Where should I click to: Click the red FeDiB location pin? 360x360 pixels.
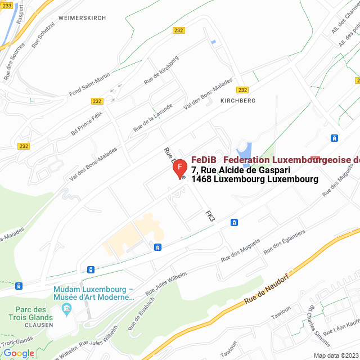click(179, 168)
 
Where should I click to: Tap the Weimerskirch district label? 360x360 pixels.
click(82, 18)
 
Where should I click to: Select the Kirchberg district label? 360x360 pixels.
click(238, 101)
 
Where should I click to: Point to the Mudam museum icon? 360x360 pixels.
click(67, 308)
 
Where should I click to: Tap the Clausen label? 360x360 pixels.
click(39, 325)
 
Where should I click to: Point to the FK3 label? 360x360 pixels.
click(210, 216)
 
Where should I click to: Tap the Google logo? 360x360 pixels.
click(19, 353)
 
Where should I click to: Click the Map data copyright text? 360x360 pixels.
click(336, 355)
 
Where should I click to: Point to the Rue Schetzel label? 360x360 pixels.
click(43, 34)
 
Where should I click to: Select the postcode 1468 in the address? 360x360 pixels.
click(202, 179)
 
